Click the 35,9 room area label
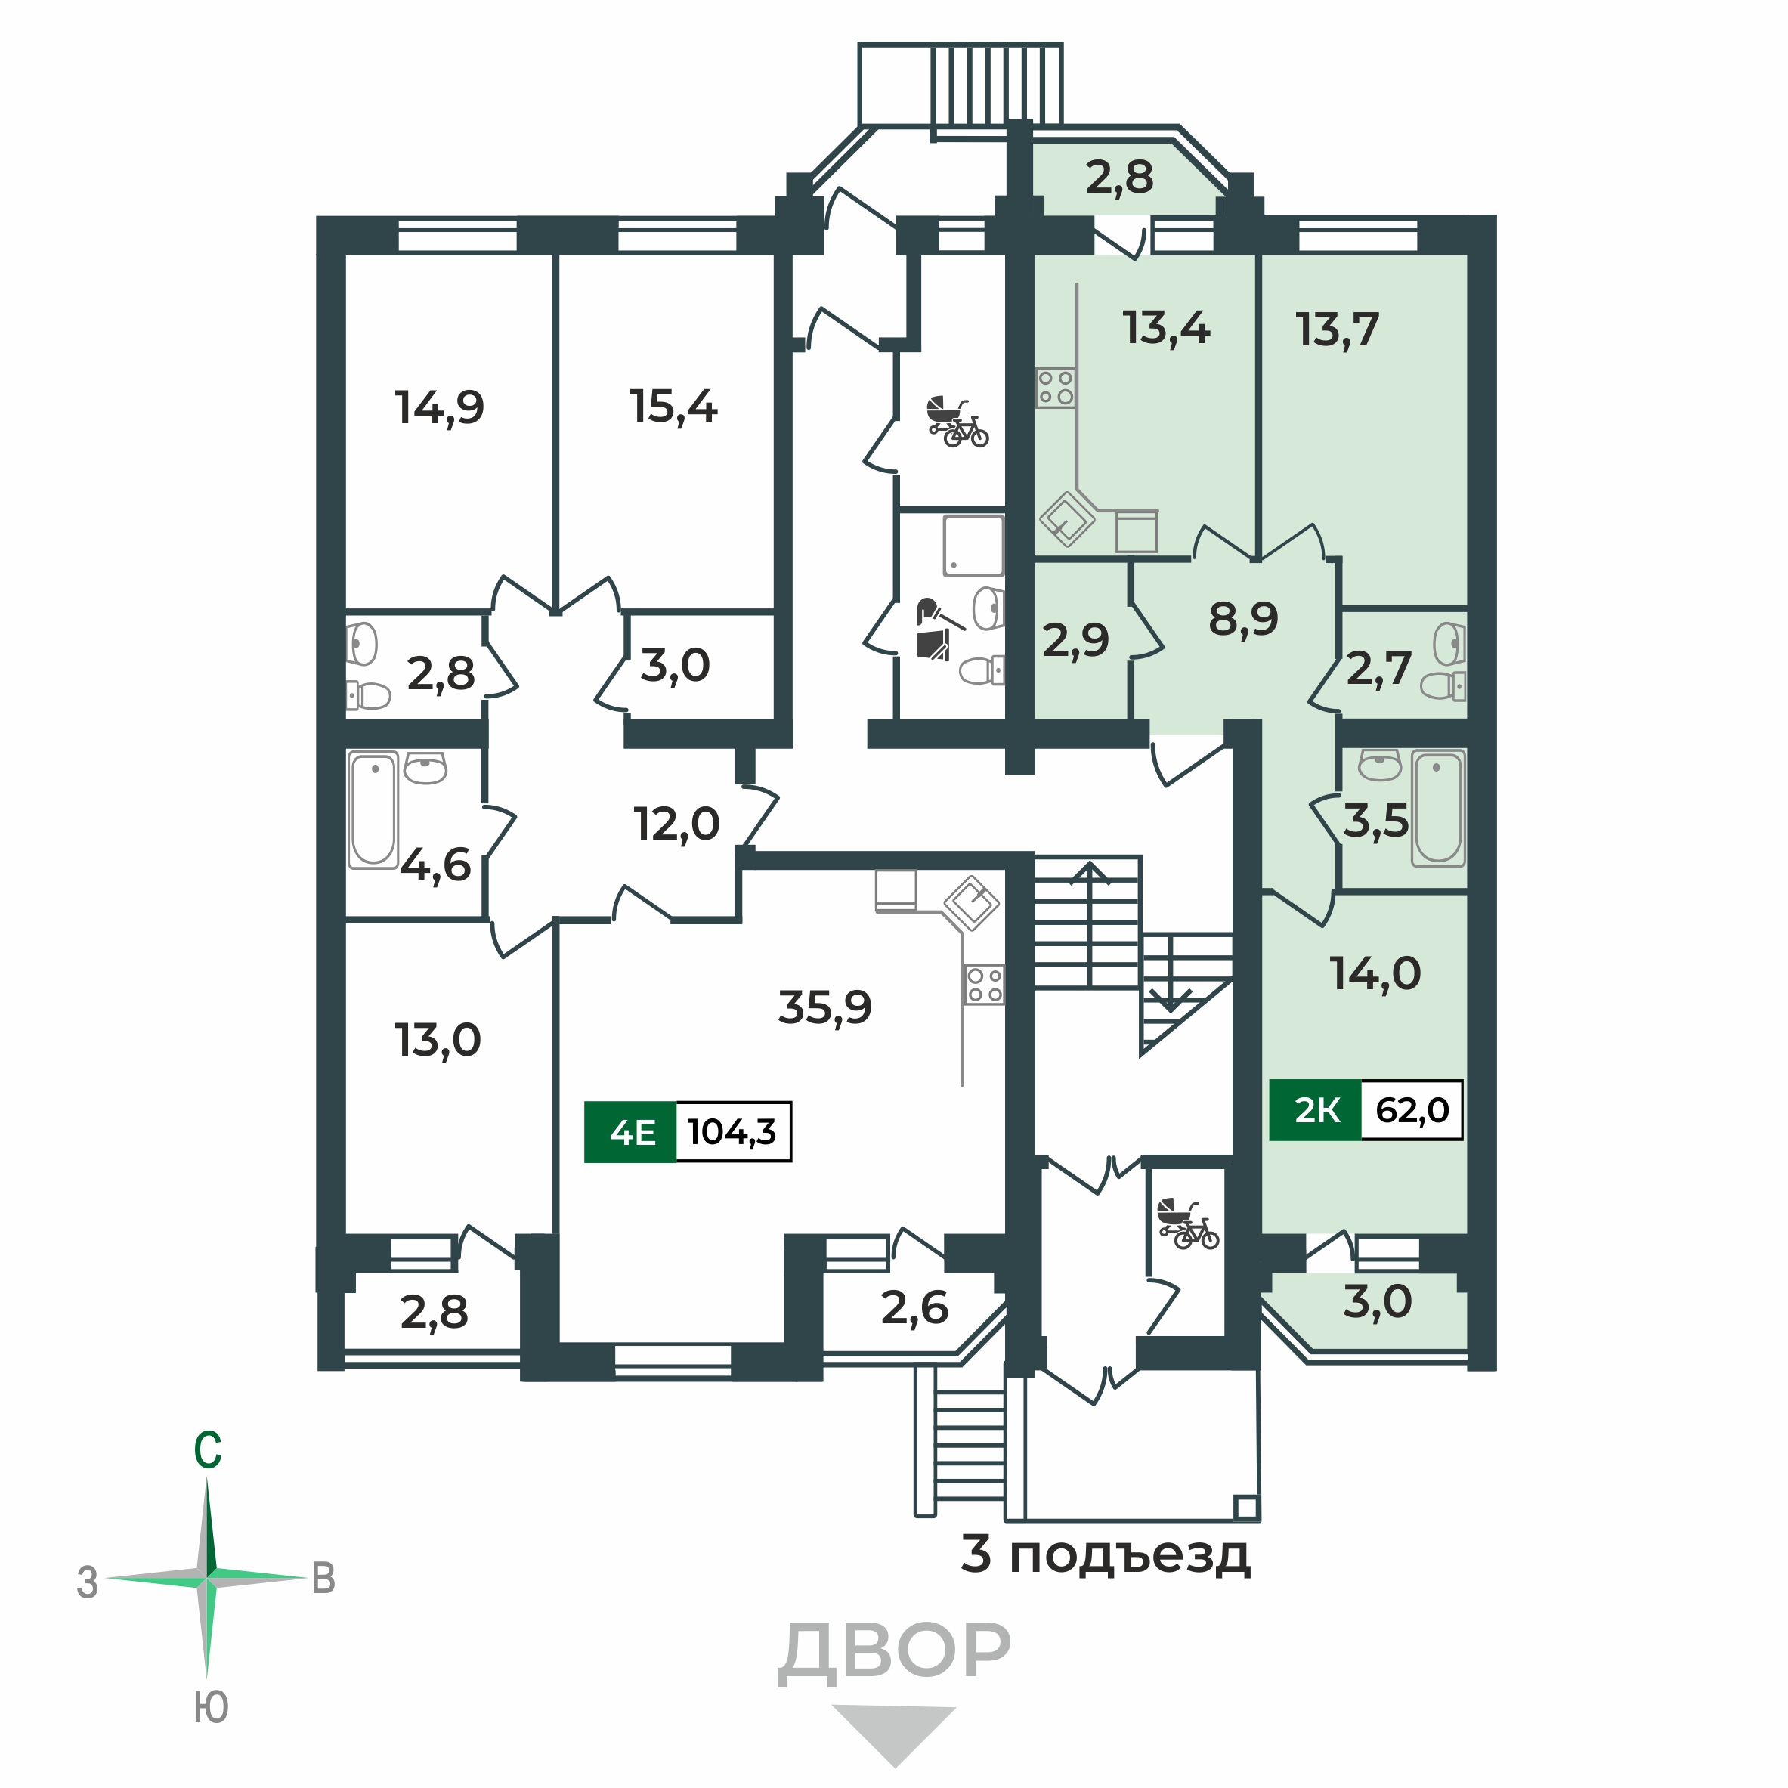point(824,1007)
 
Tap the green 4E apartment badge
point(631,1131)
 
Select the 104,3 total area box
point(732,1131)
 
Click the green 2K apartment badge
point(1315,1109)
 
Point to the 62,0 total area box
point(1412,1109)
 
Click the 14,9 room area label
point(440,407)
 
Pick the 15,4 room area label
point(674,407)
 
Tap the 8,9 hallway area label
point(1243,618)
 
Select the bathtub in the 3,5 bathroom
point(1437,807)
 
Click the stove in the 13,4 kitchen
point(1055,388)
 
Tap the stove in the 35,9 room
point(984,984)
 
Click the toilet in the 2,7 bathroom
point(1441,685)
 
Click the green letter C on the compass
point(207,1449)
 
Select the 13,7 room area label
point(1338,329)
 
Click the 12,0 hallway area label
point(676,824)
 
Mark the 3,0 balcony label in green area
point(1377,1301)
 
